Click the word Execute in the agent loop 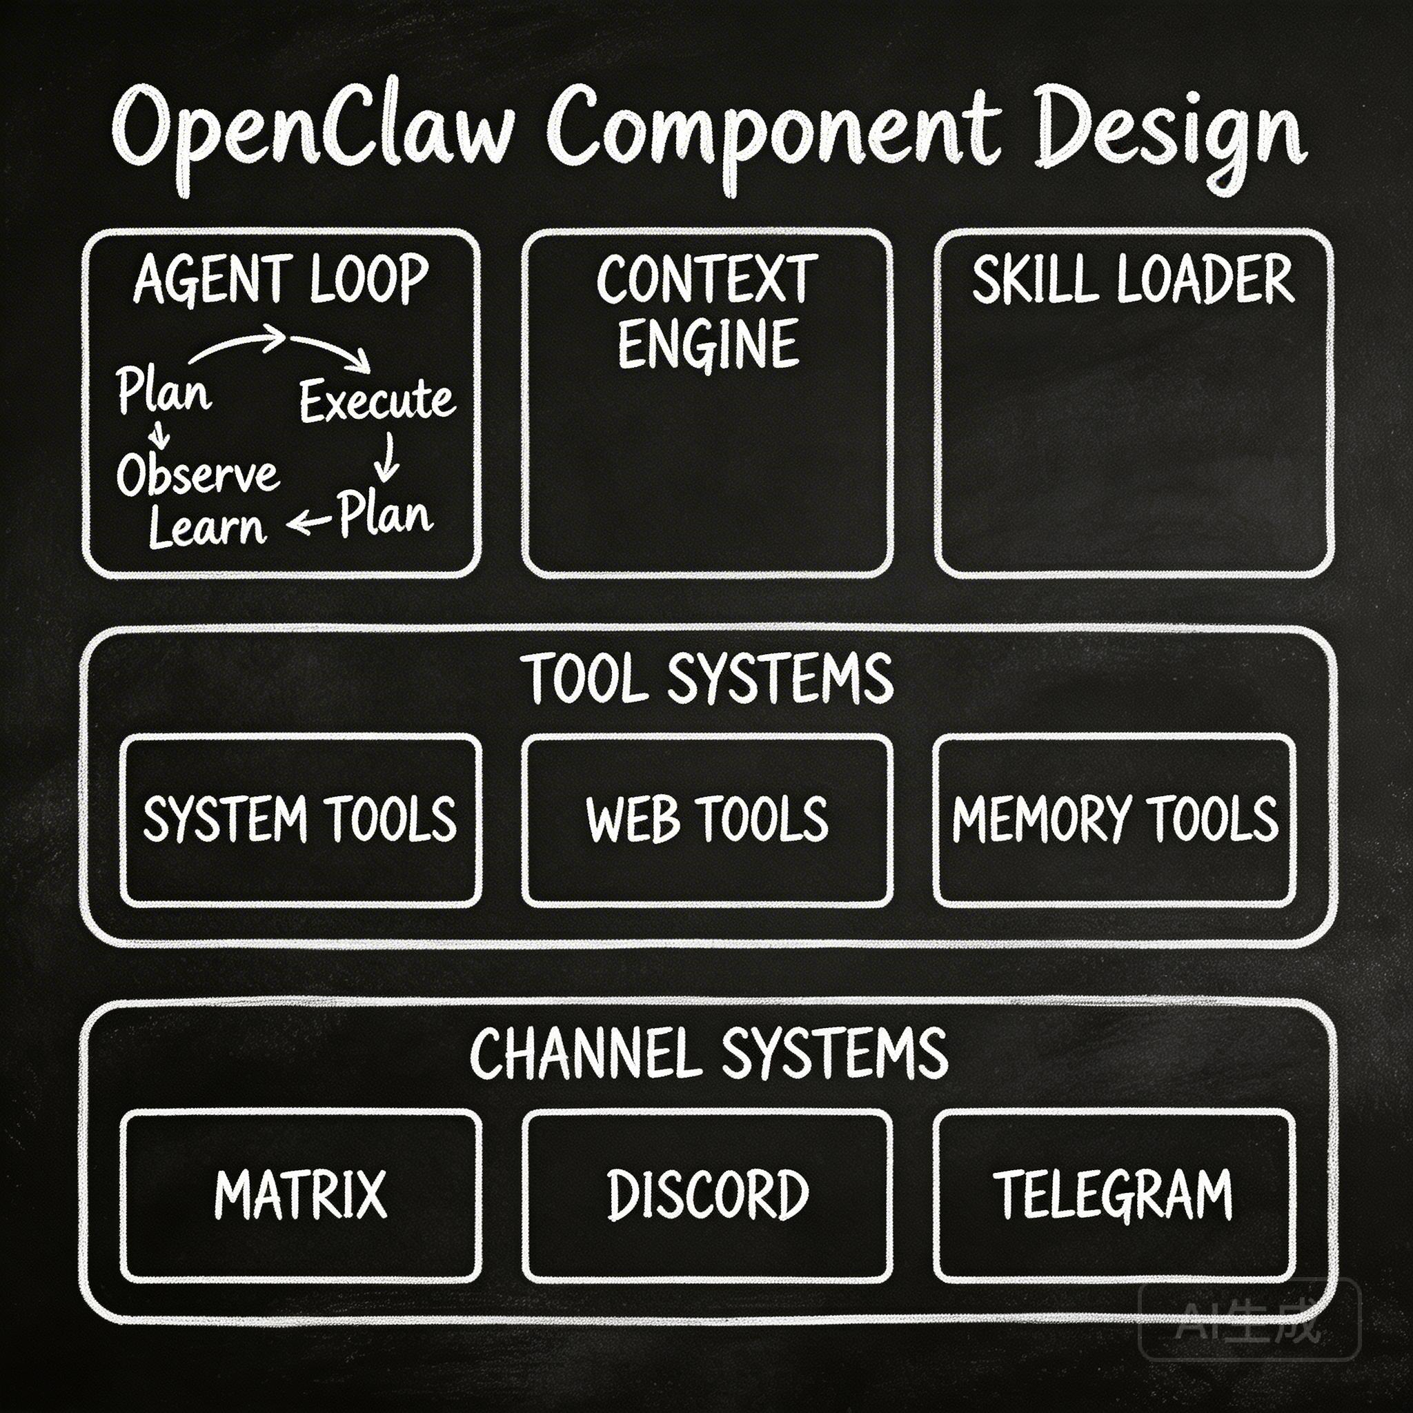click(x=377, y=401)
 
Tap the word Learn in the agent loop click(x=207, y=528)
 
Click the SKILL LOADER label click(x=1133, y=279)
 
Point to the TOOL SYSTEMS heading click(x=709, y=679)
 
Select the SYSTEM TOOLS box click(x=301, y=820)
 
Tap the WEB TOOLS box click(x=707, y=820)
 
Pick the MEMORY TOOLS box click(x=1114, y=820)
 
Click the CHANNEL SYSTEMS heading click(x=709, y=1053)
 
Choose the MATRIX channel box click(x=301, y=1195)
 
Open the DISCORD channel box click(x=707, y=1195)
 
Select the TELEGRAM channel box click(x=1114, y=1195)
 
